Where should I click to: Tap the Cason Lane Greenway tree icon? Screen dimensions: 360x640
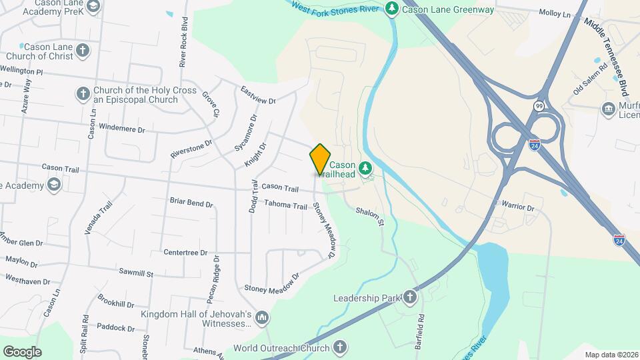pos(393,9)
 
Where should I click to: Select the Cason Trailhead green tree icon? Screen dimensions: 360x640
pos(365,168)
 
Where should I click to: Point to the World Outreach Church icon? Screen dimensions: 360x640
pos(340,347)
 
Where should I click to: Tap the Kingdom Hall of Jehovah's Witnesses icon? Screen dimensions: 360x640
pos(262,317)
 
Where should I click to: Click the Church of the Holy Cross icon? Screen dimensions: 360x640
pos(83,94)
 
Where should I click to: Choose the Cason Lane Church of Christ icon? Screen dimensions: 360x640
pos(83,51)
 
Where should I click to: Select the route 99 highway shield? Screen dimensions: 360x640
pos(539,106)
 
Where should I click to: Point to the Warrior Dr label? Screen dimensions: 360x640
pos(518,207)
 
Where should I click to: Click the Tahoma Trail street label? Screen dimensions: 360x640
pos(285,205)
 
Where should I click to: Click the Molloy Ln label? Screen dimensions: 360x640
pos(555,13)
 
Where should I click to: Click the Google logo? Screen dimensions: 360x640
pos(22,351)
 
